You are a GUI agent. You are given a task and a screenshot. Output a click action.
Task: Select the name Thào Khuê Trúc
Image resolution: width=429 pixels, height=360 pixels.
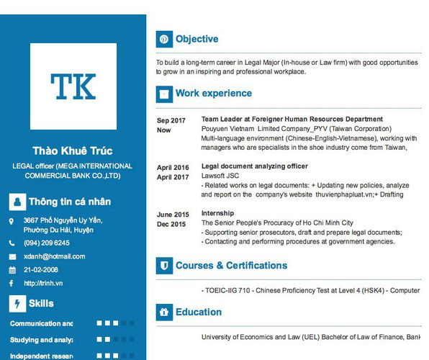(73, 150)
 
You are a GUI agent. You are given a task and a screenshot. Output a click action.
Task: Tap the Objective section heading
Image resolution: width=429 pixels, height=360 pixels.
(197, 39)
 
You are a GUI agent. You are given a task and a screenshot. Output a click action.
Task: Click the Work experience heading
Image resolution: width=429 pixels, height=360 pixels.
(214, 93)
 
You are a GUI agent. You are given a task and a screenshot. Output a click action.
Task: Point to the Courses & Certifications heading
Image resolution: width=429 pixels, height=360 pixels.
(231, 266)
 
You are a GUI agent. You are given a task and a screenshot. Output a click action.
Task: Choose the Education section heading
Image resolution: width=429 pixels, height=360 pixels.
(198, 312)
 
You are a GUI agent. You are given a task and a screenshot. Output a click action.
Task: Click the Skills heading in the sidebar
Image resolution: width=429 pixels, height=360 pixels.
(41, 303)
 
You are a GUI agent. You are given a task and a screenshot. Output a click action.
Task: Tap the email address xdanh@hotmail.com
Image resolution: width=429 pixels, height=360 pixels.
(54, 256)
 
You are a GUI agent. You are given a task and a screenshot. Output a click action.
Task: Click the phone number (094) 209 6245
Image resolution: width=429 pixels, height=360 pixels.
(46, 243)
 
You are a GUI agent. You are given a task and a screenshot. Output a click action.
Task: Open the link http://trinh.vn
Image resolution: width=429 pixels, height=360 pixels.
(43, 283)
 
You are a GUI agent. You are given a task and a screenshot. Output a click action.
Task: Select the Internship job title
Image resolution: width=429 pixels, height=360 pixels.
(217, 214)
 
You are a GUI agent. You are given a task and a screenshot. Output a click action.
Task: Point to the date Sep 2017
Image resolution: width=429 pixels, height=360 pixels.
(171, 120)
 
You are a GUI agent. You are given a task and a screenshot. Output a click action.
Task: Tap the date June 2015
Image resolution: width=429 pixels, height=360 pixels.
(173, 215)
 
